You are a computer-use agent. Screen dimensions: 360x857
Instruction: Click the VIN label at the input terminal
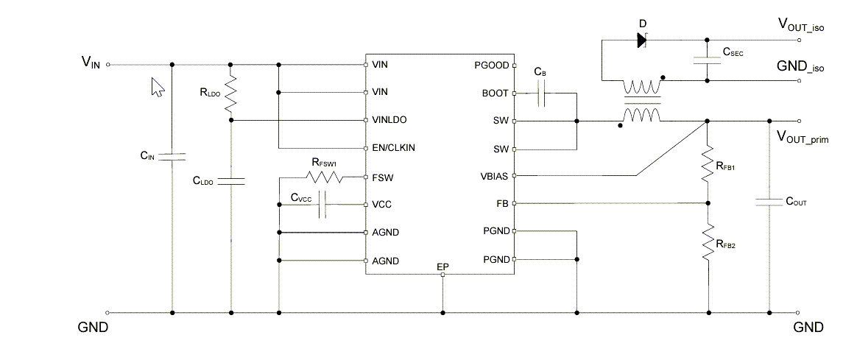click(90, 64)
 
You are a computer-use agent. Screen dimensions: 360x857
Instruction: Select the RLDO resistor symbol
click(231, 92)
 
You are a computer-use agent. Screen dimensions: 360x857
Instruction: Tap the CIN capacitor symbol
click(172, 156)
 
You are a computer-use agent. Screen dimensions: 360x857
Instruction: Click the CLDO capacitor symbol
click(231, 180)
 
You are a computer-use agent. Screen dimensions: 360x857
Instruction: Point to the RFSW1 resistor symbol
click(324, 177)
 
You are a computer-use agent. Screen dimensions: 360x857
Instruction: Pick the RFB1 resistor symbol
click(708, 163)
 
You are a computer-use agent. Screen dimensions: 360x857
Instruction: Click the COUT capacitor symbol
click(769, 200)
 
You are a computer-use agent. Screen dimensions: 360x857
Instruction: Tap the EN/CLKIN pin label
click(394, 147)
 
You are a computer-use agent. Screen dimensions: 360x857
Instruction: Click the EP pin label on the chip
click(442, 266)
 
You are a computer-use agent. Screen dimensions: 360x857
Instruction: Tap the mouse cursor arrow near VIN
click(157, 87)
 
